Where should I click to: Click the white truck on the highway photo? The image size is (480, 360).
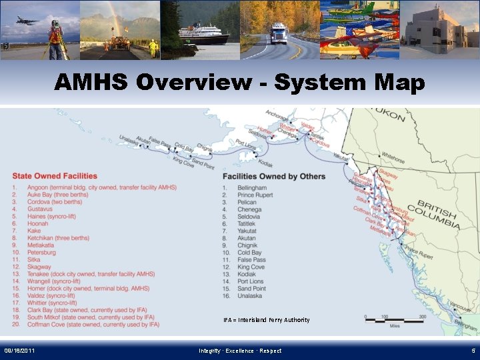coord(279,33)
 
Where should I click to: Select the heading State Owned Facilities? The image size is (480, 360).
coord(54,176)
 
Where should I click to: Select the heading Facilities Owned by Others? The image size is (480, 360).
coord(273,176)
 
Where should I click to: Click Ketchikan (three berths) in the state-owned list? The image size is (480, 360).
coord(58,238)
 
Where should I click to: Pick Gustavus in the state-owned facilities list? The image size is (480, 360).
coord(39,209)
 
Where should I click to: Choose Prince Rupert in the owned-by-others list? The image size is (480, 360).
coord(256,195)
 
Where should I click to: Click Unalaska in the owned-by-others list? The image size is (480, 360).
coord(251,296)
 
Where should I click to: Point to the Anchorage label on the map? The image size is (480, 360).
coord(277,115)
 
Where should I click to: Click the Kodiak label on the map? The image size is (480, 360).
coord(265,163)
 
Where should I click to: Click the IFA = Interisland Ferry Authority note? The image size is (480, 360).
coord(266,320)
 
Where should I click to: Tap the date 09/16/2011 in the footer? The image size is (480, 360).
coord(20,351)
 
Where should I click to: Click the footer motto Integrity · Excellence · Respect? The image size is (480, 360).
coord(240,351)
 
